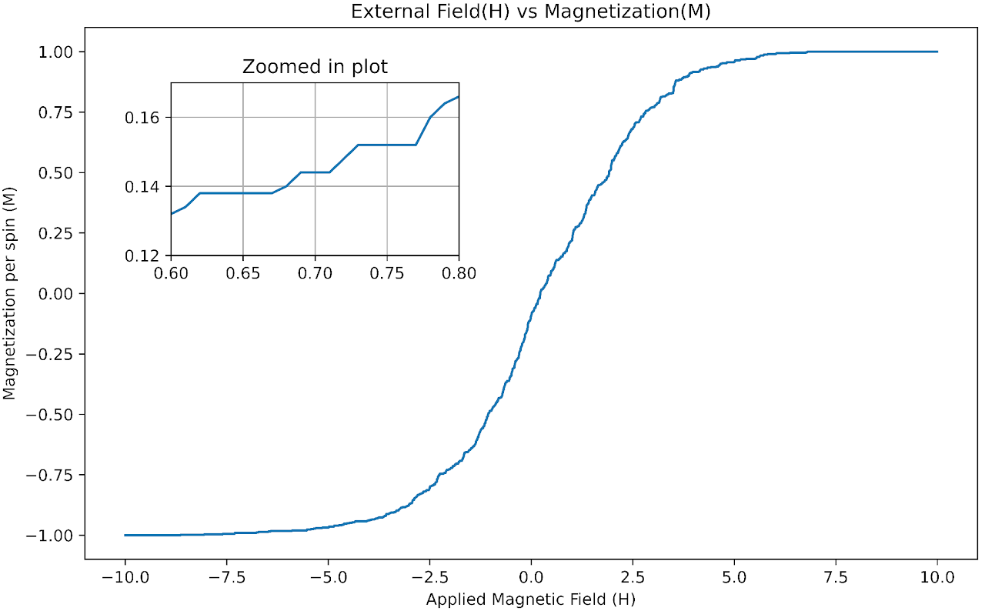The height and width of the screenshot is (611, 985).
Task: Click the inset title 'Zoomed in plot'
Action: pos(315,67)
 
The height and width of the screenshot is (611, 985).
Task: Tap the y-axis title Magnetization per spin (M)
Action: pos(9,294)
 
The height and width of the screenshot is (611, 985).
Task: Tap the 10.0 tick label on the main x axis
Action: pos(937,576)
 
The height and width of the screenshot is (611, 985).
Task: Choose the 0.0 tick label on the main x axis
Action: pos(531,576)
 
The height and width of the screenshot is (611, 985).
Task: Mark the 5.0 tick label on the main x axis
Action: pos(734,576)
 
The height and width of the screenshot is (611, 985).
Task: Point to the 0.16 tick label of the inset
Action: pos(144,118)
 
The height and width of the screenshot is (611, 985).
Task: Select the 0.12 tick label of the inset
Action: pos(144,255)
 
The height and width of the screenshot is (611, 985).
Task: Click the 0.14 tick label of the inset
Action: pos(144,187)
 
